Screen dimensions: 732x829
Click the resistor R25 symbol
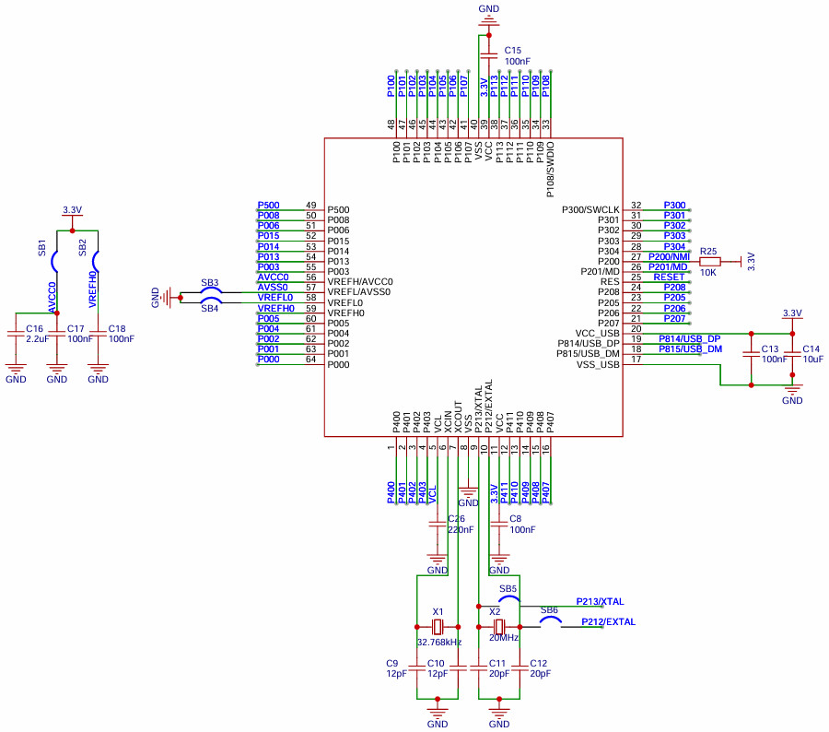coord(709,261)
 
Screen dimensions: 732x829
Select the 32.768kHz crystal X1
coord(438,626)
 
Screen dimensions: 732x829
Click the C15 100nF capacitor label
coord(517,55)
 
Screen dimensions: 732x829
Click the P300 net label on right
coord(674,206)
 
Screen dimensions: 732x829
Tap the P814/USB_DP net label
coord(688,339)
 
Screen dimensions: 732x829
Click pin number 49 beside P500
coord(310,206)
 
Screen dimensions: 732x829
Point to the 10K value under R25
coord(708,273)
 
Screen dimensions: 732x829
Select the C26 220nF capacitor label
coord(461,525)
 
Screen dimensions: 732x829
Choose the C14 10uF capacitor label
coord(811,354)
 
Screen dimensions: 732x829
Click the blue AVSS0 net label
coord(274,288)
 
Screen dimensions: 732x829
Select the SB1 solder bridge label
coord(42,247)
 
